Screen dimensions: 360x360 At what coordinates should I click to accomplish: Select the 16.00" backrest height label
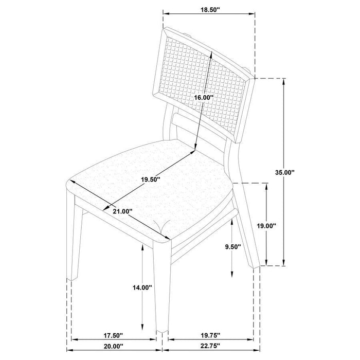click(204, 98)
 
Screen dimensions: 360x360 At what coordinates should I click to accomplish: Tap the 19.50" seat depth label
click(150, 179)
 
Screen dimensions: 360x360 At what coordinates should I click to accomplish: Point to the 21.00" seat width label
click(123, 211)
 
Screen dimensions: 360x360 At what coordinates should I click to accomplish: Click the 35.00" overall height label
click(285, 172)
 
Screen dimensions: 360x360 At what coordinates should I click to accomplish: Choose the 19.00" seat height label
click(266, 226)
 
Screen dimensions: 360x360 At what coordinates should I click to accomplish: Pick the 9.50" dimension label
click(233, 247)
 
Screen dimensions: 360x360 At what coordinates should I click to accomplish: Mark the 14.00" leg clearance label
click(142, 287)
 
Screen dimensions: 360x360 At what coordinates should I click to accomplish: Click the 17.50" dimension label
click(114, 336)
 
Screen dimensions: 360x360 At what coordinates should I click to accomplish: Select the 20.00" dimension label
click(114, 347)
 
